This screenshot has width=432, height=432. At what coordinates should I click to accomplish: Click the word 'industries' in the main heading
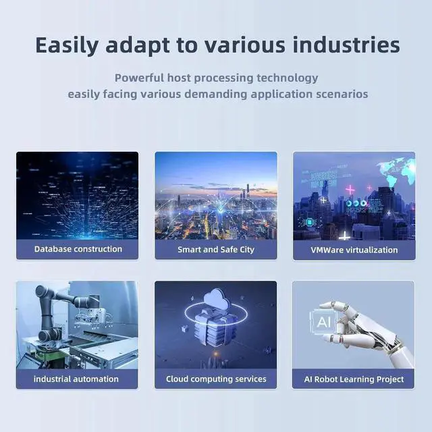point(346,45)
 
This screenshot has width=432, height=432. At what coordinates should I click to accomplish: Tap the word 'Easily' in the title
point(67,45)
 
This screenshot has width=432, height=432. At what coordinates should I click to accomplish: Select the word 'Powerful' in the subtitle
point(139,78)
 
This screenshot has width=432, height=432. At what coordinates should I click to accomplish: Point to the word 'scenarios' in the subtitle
point(342,94)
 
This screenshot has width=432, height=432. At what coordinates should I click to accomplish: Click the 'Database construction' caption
point(78,249)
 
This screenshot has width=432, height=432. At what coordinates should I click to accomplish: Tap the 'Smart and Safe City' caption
point(216,250)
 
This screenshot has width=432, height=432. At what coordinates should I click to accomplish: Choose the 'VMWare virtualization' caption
point(354,250)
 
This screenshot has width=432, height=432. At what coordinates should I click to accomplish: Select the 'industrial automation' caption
point(76,379)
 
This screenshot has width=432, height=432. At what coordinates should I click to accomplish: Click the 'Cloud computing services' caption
point(216,379)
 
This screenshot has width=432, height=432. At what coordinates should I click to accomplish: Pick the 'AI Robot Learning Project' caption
point(354,379)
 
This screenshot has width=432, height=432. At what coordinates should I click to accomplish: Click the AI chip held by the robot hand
point(323,321)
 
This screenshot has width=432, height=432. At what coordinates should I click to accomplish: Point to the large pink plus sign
point(350,190)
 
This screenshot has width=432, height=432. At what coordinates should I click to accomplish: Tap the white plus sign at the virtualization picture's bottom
point(344,236)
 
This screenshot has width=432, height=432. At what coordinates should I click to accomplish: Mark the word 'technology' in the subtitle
point(288,78)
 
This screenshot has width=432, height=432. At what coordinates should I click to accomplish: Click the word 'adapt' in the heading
point(138,45)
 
